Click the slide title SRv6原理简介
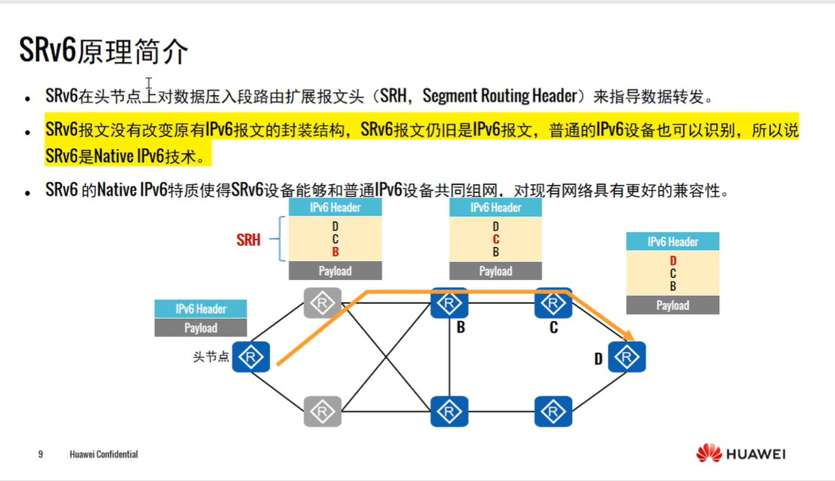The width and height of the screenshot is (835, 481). click(x=104, y=52)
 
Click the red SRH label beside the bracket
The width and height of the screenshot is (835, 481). click(x=249, y=240)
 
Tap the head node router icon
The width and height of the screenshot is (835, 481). click(x=251, y=357)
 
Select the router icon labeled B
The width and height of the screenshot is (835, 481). click(x=450, y=303)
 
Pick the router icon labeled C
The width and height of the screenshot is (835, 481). click(x=553, y=303)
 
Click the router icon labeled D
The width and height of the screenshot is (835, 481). click(x=627, y=357)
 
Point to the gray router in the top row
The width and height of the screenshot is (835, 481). click(x=322, y=303)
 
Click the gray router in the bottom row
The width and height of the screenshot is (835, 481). click(x=322, y=411)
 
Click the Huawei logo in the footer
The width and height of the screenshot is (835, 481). click(x=741, y=454)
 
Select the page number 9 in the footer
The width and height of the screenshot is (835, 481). click(x=40, y=454)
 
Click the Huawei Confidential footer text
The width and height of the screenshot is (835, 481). click(x=104, y=454)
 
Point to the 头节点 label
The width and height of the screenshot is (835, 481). click(x=211, y=357)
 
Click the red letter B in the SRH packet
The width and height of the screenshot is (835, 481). click(x=335, y=253)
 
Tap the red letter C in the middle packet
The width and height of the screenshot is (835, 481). click(x=496, y=240)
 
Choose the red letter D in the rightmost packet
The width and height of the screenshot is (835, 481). click(x=673, y=261)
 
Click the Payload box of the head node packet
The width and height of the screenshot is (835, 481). click(x=201, y=328)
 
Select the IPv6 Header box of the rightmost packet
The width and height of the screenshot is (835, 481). click(x=673, y=242)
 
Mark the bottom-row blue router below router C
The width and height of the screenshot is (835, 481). click(x=553, y=411)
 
